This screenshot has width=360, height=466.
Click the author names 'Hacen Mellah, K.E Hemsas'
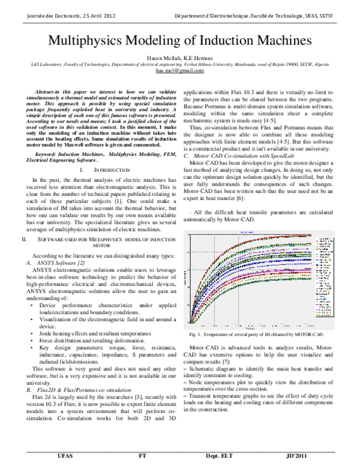[180, 56]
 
